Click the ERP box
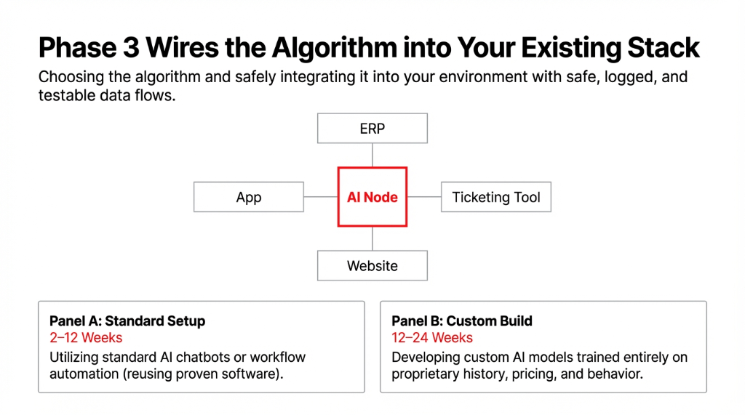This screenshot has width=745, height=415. tap(372, 129)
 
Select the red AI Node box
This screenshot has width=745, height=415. tap(372, 197)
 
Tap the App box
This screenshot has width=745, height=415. tap(248, 197)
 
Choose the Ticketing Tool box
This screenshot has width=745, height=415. tap(496, 197)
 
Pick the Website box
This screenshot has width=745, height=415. tap(372, 265)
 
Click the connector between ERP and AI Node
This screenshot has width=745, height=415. tap(372, 155)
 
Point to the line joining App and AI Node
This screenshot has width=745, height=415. tap(320, 197)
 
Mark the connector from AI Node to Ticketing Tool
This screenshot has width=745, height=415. tap(424, 197)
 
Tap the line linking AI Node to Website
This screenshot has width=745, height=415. tap(372, 238)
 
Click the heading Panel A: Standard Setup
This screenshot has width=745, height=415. tap(127, 321)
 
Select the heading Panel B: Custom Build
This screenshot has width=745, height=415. tap(462, 321)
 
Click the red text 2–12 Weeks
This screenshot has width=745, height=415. tap(86, 338)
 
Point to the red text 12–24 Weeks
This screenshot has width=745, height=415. tap(432, 338)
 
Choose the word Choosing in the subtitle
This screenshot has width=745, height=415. tap(70, 76)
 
